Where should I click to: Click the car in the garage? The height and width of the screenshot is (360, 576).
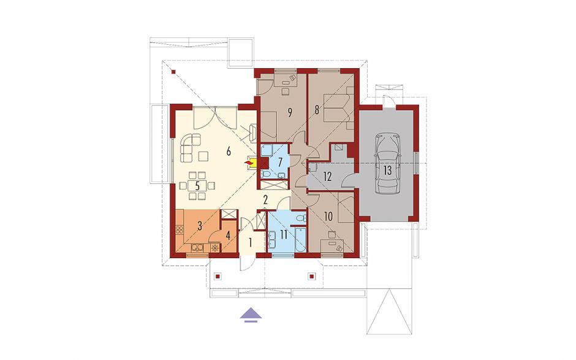click(x=387, y=164)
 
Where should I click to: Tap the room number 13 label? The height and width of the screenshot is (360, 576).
click(x=387, y=170)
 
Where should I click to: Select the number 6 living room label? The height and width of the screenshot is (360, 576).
click(x=229, y=151)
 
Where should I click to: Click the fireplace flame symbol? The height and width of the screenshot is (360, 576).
click(x=249, y=162)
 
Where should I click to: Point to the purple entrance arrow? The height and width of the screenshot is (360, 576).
click(x=251, y=315)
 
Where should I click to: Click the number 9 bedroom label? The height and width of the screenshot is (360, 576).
click(x=290, y=113)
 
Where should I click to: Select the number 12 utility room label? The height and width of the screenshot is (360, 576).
click(x=328, y=177)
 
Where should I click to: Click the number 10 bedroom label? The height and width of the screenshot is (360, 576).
click(x=328, y=216)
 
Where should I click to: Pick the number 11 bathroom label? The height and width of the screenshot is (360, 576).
click(x=283, y=235)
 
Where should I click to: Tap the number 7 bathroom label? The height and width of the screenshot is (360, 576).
click(x=280, y=162)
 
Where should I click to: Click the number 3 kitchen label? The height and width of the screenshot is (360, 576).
click(x=200, y=226)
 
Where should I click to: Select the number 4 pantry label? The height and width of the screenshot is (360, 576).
click(x=228, y=236)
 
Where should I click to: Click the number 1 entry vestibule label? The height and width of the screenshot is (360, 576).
click(x=250, y=243)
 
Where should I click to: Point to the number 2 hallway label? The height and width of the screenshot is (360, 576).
click(x=265, y=200)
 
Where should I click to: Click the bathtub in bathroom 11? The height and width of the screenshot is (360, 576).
click(x=300, y=239)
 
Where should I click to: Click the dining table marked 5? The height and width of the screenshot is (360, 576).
click(x=198, y=186)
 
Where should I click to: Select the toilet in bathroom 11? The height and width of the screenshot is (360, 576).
click(x=301, y=218)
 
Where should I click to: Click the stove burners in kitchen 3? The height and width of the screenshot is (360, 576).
click(x=180, y=230)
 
